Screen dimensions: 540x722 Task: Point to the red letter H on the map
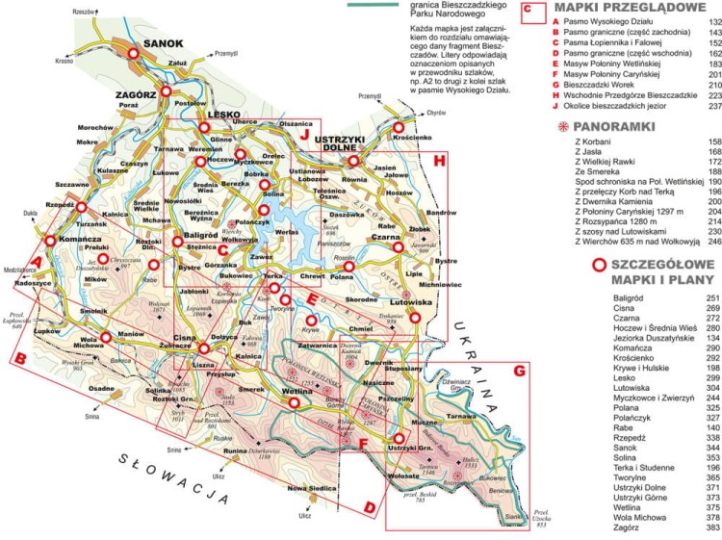point(440,160)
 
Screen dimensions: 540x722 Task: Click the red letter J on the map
point(305,135)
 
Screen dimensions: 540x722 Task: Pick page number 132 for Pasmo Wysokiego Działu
point(713,21)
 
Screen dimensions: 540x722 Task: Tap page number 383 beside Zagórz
point(713,528)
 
